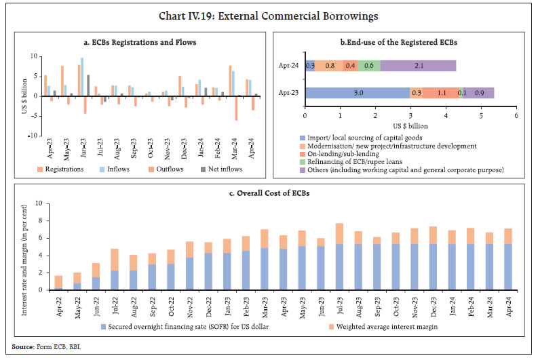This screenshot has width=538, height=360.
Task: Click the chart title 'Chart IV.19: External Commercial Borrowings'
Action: tap(269, 16)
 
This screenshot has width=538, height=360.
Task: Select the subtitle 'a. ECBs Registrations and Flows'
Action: tap(138, 43)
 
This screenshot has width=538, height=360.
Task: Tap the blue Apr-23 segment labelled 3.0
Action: tap(358, 93)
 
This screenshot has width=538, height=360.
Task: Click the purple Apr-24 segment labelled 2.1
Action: tap(418, 66)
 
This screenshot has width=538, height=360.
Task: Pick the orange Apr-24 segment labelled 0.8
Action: tap(329, 66)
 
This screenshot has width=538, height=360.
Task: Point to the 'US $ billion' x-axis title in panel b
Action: tap(410, 125)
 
